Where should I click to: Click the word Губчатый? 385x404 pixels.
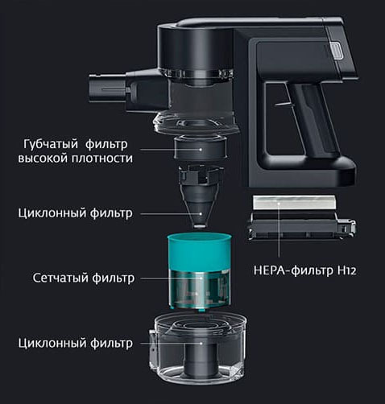click(50, 143)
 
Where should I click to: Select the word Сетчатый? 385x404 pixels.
click(61, 278)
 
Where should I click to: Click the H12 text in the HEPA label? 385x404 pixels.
click(345, 270)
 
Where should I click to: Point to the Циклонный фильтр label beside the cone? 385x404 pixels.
click(74, 214)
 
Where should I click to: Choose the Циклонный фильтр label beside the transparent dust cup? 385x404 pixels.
click(74, 344)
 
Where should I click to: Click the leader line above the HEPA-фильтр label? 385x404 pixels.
click(278, 233)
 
